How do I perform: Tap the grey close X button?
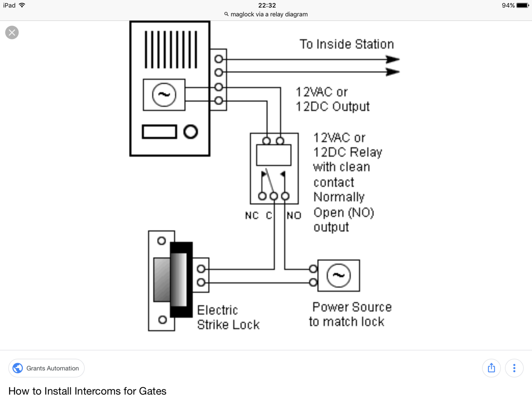click(x=12, y=33)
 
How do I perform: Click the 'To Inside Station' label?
click(x=346, y=44)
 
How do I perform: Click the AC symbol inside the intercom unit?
click(x=164, y=95)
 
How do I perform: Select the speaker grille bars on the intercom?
click(x=171, y=50)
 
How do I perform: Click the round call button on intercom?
click(x=191, y=132)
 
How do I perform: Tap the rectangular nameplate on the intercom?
click(x=159, y=132)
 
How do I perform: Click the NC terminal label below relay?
click(x=252, y=215)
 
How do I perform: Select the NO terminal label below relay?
click(x=294, y=215)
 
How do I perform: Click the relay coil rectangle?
click(x=274, y=155)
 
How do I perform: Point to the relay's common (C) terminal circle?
click(x=274, y=196)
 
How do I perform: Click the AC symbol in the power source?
click(x=338, y=275)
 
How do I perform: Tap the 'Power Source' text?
click(x=352, y=307)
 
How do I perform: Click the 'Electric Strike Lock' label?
click(x=228, y=317)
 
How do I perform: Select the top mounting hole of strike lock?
click(x=161, y=241)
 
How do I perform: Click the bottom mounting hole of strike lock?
click(x=162, y=320)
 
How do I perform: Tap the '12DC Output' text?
click(x=332, y=107)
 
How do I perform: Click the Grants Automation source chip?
click(x=46, y=368)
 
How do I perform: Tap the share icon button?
click(x=491, y=368)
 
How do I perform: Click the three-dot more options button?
click(x=514, y=368)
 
